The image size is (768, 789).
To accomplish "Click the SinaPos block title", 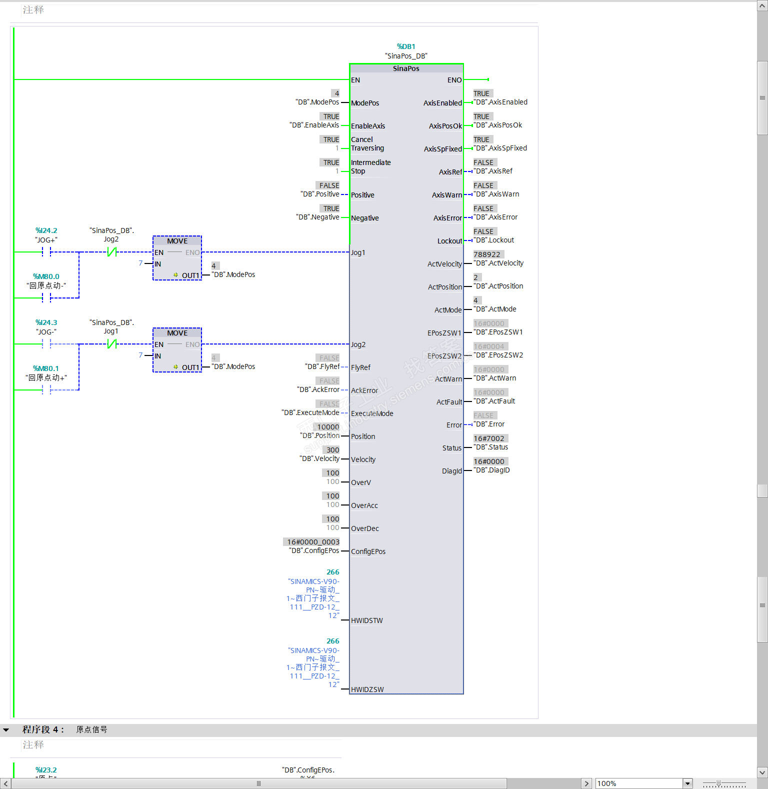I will pyautogui.click(x=406, y=68).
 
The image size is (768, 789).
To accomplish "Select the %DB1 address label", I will pyautogui.click(x=406, y=46).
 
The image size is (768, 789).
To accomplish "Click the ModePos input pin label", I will pyautogui.click(x=365, y=103).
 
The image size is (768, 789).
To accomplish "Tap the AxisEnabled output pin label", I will pyautogui.click(x=442, y=103).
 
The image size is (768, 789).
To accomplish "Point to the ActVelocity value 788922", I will pyautogui.click(x=487, y=254).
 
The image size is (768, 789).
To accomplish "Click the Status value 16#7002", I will pyautogui.click(x=489, y=438).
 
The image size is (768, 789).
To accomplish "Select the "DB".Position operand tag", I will pyautogui.click(x=320, y=435).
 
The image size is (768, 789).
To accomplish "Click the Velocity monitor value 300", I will pyautogui.click(x=332, y=450).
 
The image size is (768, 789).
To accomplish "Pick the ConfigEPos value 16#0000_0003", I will pyautogui.click(x=313, y=542).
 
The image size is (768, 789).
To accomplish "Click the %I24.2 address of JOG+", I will pyautogui.click(x=46, y=230).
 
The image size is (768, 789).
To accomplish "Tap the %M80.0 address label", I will pyautogui.click(x=46, y=276).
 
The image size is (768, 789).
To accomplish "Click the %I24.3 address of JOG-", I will pyautogui.click(x=46, y=322).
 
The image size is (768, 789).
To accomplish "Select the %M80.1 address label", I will pyautogui.click(x=46, y=368).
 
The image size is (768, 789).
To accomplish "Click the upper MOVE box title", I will pyautogui.click(x=177, y=241).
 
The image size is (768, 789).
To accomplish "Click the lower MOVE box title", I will pyautogui.click(x=177, y=333).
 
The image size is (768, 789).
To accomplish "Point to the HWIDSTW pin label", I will pyautogui.click(x=367, y=620).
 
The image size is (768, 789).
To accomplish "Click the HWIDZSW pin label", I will pyautogui.click(x=367, y=689).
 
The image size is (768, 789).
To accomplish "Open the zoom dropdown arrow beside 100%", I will pyautogui.click(x=687, y=783).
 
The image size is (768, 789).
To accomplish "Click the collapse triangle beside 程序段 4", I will pyautogui.click(x=6, y=730).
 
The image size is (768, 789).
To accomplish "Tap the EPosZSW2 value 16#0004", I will pyautogui.click(x=489, y=346).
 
